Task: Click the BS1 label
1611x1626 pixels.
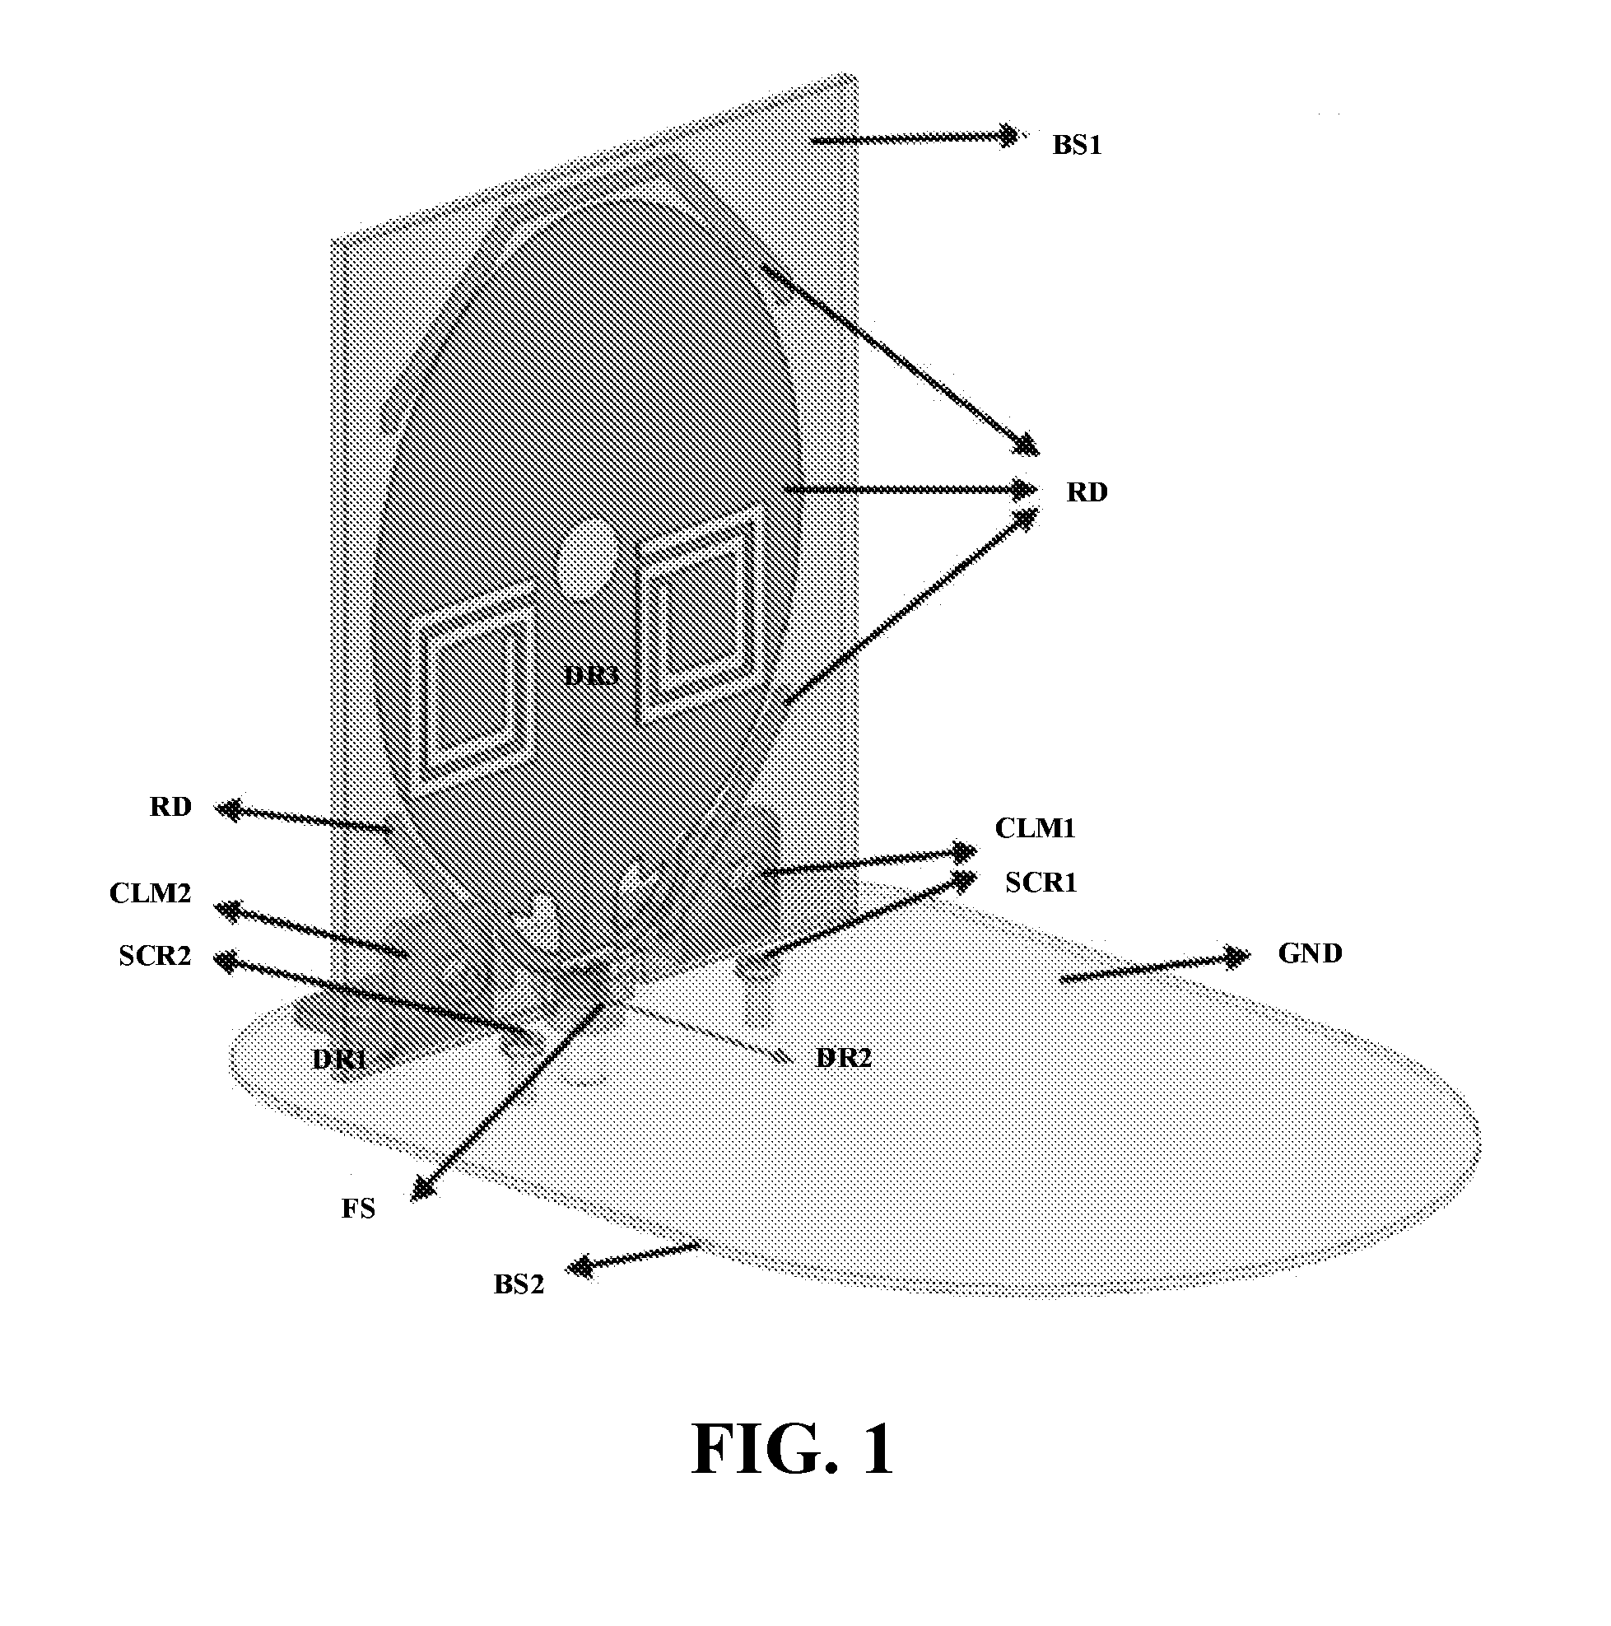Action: tap(1077, 146)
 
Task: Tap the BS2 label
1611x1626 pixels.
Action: tap(519, 1284)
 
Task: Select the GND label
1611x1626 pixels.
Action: tap(1310, 953)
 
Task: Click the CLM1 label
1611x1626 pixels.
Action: tap(1036, 828)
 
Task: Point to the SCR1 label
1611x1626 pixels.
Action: tap(1041, 882)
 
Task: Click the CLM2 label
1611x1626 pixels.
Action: tap(151, 892)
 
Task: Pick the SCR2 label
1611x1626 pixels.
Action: tap(155, 955)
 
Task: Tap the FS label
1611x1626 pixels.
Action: tap(358, 1209)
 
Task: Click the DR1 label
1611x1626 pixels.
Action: tap(339, 1059)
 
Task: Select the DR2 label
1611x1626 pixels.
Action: tap(844, 1057)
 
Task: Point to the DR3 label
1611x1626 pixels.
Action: tap(592, 675)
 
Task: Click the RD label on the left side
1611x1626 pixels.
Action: tap(171, 806)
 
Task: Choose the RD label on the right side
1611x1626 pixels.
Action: tap(1087, 492)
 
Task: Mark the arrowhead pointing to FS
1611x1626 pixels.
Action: tap(422, 1187)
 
